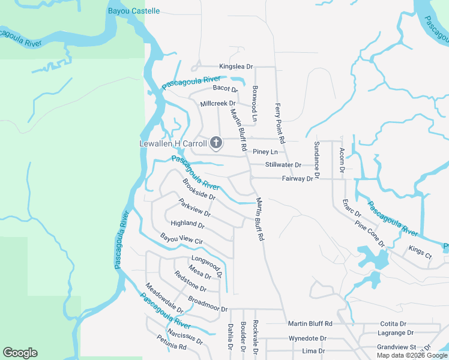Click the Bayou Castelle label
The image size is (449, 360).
pyautogui.click(x=134, y=11)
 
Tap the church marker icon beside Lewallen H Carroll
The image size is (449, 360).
pyautogui.click(x=215, y=143)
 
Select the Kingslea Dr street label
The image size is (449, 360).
pyautogui.click(x=236, y=67)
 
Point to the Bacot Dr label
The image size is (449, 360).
pyautogui.click(x=226, y=89)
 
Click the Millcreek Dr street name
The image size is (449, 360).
pyautogui.click(x=218, y=103)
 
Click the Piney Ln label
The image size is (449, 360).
pyautogui.click(x=265, y=152)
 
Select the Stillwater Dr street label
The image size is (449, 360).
pyautogui.click(x=283, y=165)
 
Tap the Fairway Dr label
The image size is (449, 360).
pyautogui.click(x=297, y=179)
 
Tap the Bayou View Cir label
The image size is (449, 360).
pyautogui.click(x=182, y=240)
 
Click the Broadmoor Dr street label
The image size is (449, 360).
pyautogui.click(x=208, y=304)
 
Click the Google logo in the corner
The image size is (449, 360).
pyautogui.click(x=20, y=353)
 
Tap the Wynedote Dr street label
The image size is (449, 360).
pyautogui.click(x=307, y=339)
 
